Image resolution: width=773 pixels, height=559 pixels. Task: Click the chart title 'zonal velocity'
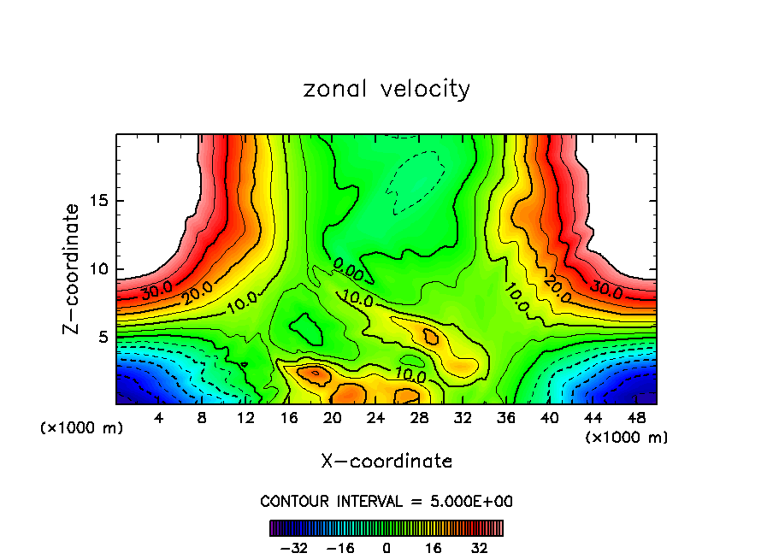point(386,89)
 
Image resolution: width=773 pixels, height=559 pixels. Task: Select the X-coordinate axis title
point(386,462)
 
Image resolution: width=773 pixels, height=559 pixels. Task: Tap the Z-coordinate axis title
point(73,268)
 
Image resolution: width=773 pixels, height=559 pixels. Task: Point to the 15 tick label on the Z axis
point(97,201)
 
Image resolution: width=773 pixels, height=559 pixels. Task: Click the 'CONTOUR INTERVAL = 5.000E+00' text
point(386,501)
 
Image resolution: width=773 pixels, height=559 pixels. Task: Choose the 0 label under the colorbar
point(386,547)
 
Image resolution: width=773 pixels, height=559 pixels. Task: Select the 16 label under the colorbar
point(434,547)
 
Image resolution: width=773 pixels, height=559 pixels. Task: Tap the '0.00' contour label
point(348,274)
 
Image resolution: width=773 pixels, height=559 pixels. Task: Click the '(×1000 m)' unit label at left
point(82,427)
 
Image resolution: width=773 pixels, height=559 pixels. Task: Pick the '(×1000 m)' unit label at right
point(627,437)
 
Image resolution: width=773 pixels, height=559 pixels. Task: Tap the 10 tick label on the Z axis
point(97,268)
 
